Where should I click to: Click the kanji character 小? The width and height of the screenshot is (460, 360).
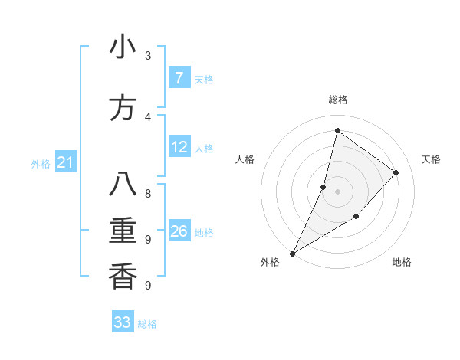pyautogui.click(x=123, y=48)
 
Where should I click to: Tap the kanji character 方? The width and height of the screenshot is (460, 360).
pyautogui.click(x=123, y=108)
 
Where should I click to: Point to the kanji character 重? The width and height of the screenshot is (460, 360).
pyautogui.click(x=123, y=231)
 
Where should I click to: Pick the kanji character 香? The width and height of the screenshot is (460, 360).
pyautogui.click(x=123, y=275)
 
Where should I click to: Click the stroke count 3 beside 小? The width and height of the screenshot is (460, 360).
pyautogui.click(x=148, y=56)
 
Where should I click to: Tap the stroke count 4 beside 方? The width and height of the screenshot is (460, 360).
pyautogui.click(x=148, y=116)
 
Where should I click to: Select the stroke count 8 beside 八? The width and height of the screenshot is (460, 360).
pyautogui.click(x=148, y=194)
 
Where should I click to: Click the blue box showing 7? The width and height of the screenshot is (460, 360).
pyautogui.click(x=179, y=78)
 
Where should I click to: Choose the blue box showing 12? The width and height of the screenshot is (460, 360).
pyautogui.click(x=179, y=147)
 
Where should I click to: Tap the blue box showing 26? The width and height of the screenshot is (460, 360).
pyautogui.click(x=179, y=231)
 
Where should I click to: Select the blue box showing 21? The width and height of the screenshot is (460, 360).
pyautogui.click(x=66, y=162)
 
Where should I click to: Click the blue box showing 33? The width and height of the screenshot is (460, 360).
pyautogui.click(x=122, y=322)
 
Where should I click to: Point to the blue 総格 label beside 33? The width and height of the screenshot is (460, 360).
pyautogui.click(x=147, y=324)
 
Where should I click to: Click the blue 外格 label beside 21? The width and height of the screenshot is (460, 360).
pyautogui.click(x=41, y=164)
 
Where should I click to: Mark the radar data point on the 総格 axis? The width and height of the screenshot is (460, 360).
pyautogui.click(x=337, y=130)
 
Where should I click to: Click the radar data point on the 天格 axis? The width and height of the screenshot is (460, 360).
pyautogui.click(x=396, y=172)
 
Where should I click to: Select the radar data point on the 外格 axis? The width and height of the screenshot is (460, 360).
pyautogui.click(x=292, y=254)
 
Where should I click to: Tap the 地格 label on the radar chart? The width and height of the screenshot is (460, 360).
pyautogui.click(x=402, y=262)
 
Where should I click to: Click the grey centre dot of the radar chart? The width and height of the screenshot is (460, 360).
pyautogui.click(x=337, y=191)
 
